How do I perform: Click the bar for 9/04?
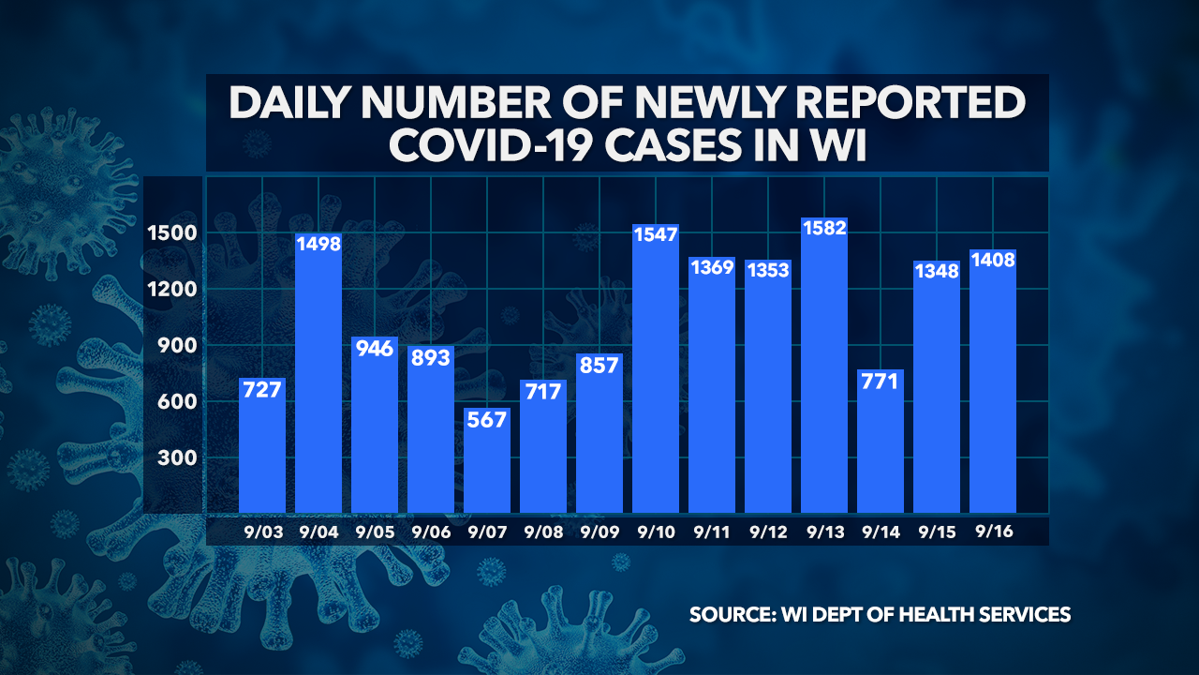pos(318,375)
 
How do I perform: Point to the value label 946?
pos(375,349)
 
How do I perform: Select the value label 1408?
pos(993,262)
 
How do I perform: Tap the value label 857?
pos(599,365)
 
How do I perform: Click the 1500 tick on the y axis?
pos(170,232)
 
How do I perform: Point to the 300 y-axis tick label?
pos(175,458)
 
